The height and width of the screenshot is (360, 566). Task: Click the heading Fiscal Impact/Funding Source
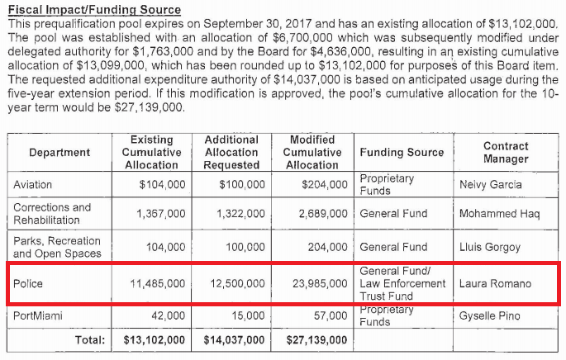click(93, 9)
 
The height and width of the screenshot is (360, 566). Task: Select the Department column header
click(59, 153)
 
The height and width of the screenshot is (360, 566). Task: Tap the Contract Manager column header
click(506, 153)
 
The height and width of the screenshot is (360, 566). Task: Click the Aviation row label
click(32, 185)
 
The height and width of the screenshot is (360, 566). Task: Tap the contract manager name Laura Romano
click(495, 283)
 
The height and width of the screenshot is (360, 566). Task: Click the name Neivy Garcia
click(491, 185)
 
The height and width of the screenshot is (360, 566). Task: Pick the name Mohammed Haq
click(499, 214)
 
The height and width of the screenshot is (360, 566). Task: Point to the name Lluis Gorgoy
click(491, 246)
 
